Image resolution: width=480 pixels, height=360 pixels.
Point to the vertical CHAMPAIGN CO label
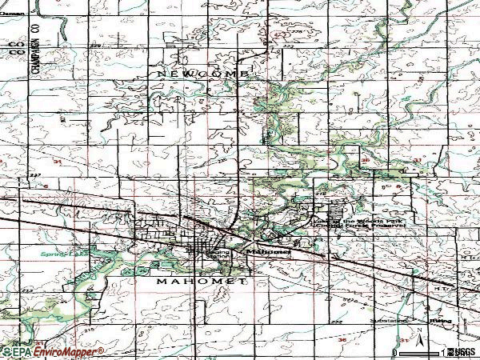[x=36, y=54]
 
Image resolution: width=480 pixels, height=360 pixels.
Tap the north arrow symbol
[x=418, y=334]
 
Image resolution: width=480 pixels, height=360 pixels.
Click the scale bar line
[x=418, y=352]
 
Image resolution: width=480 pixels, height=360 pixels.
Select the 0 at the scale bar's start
[x=394, y=352]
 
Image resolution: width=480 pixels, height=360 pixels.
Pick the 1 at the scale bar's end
[x=442, y=352]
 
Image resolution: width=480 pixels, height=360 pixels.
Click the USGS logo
[x=462, y=352]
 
